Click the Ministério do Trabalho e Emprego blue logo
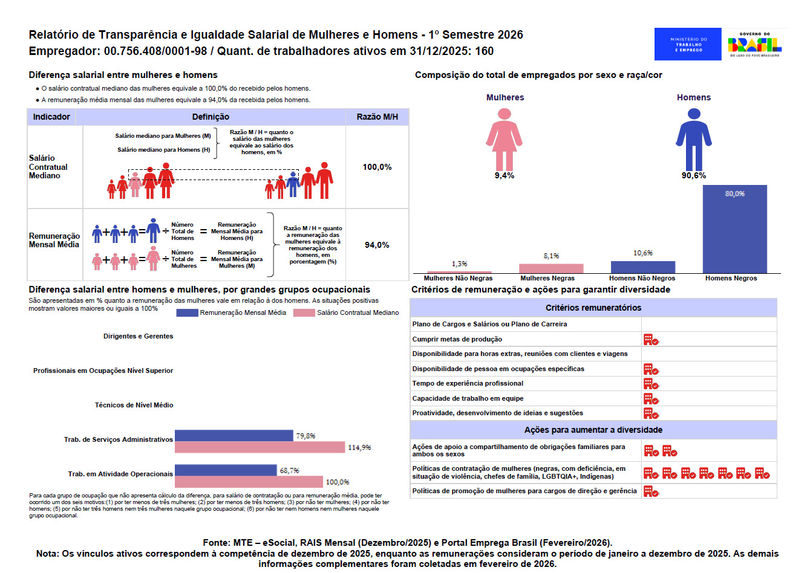click(x=687, y=44)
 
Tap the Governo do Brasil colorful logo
click(x=755, y=45)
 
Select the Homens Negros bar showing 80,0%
click(x=734, y=229)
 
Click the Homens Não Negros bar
click(x=642, y=267)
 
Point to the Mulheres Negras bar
click(x=551, y=268)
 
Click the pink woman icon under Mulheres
click(x=504, y=140)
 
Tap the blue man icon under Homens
click(x=694, y=140)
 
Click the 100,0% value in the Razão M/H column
click(x=377, y=167)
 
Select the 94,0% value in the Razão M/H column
click(x=377, y=245)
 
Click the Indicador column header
click(x=51, y=117)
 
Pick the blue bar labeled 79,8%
click(x=234, y=435)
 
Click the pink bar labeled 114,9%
click(x=260, y=447)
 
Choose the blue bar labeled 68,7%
click(x=226, y=470)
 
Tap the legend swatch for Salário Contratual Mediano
click(x=304, y=312)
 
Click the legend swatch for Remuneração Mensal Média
click(x=187, y=312)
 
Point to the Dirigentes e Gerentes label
click(x=138, y=336)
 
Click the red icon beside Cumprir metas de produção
click(x=651, y=340)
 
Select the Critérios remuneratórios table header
click(x=593, y=308)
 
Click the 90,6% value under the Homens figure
click(x=694, y=175)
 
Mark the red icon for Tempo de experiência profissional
click(x=651, y=384)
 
